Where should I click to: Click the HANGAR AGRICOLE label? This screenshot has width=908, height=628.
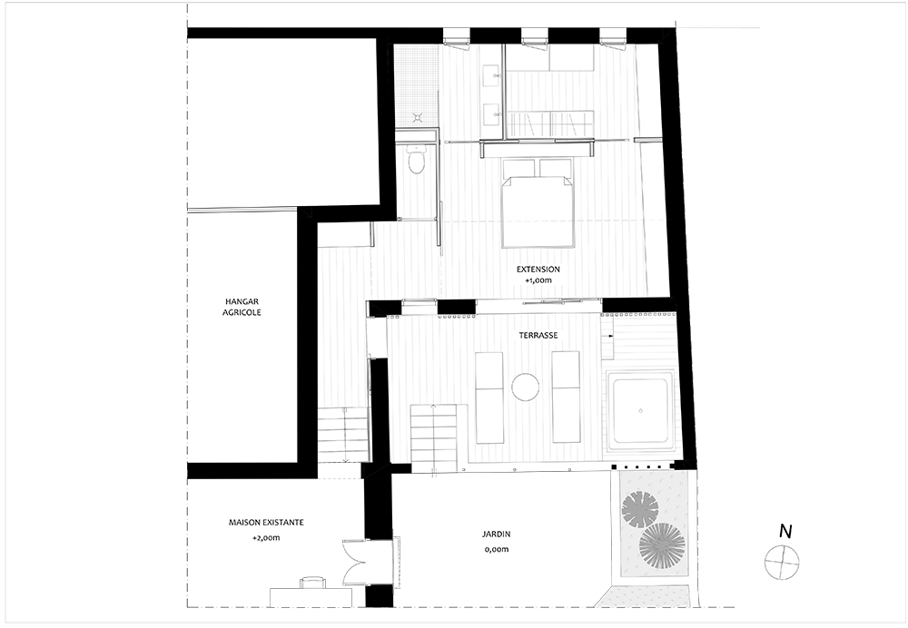(242, 307)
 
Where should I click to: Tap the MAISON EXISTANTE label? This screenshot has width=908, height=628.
(266, 522)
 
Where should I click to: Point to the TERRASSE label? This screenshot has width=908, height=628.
(538, 335)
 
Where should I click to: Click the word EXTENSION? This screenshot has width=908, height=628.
(538, 270)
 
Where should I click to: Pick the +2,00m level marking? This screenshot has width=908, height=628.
(266, 538)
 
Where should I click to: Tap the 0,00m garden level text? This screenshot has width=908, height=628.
(497, 549)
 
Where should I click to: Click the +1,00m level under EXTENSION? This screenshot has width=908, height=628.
(538, 280)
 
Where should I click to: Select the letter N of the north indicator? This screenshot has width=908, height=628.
(785, 531)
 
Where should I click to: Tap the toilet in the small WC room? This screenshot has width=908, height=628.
(416, 161)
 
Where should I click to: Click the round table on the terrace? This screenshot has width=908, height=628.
(527, 387)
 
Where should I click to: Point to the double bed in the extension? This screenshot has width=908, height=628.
(538, 202)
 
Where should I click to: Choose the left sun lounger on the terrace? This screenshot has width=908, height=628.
(489, 397)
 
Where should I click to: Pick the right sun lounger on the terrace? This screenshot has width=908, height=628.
(566, 397)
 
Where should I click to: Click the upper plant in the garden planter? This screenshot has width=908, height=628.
(640, 509)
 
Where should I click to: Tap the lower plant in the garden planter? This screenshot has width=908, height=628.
(662, 545)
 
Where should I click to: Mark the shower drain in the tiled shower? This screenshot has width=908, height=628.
(418, 117)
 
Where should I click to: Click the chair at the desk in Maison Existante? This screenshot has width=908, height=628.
(311, 582)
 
